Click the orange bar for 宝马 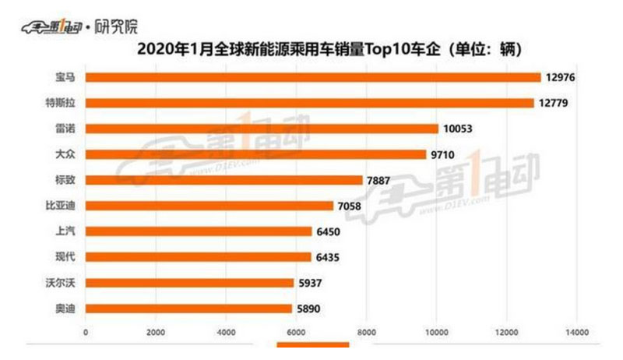pos(312,77)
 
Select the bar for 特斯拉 pos(309,103)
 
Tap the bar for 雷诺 pos(262,129)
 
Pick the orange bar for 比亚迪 pos(209,206)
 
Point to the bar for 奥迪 pos(188,309)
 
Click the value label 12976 pos(562,77)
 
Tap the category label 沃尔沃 pos(62,283)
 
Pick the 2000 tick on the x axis pos(154,333)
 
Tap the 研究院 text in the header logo pos(117,26)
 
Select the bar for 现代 pos(198,257)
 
